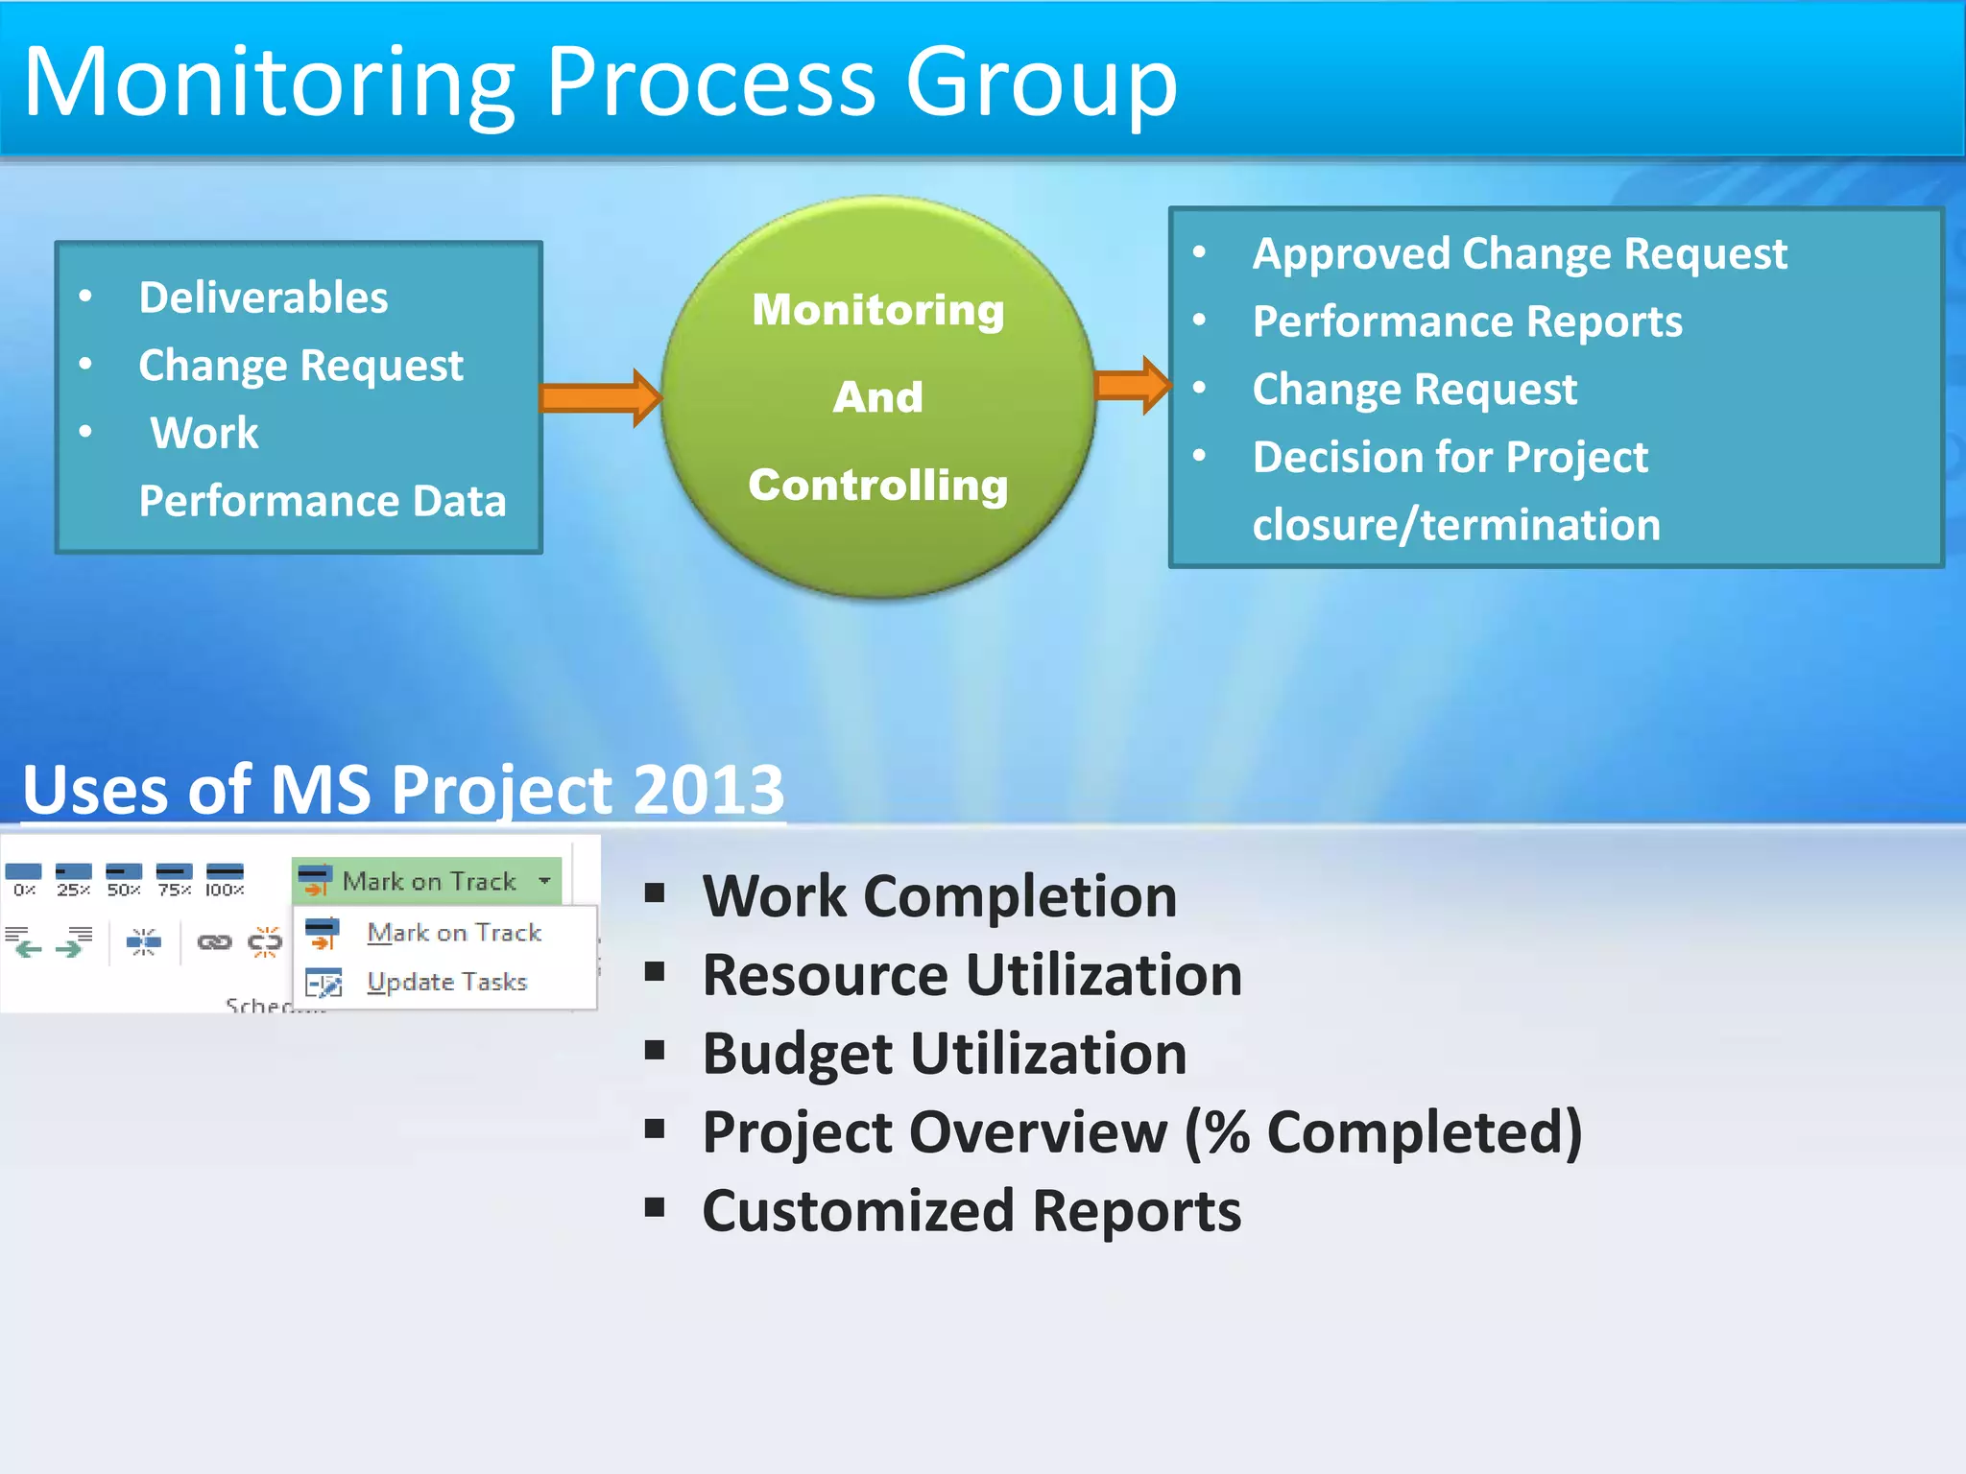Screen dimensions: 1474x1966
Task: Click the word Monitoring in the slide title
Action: pos(269,84)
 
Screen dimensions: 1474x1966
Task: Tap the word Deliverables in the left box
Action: pos(263,297)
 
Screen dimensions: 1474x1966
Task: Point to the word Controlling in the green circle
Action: pos(877,485)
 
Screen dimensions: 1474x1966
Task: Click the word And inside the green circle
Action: pos(877,397)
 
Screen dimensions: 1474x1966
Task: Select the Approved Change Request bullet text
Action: pos(1519,254)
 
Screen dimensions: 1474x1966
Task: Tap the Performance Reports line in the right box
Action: pos(1467,321)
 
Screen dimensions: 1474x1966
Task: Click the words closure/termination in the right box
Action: pos(1455,525)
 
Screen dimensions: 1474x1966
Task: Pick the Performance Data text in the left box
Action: pos(322,501)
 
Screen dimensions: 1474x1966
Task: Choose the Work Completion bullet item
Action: pos(939,896)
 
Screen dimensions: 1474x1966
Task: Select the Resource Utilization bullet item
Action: pos(971,975)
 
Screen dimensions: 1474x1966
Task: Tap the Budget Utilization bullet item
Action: pos(945,1054)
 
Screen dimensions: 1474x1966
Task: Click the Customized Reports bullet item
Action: pos(971,1211)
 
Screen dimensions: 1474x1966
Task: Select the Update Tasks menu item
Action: pos(446,982)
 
